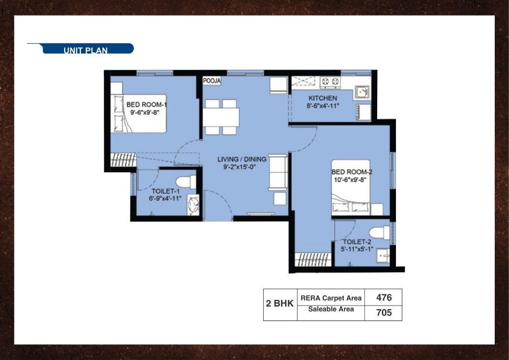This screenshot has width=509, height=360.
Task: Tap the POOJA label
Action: point(212,81)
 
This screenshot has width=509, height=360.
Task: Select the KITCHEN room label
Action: point(322,98)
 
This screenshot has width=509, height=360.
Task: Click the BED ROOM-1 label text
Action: point(147,105)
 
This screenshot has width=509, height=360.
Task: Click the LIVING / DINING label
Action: point(242,159)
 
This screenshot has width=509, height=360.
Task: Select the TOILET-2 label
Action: point(357,242)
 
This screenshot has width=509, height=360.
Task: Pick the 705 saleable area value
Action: point(383,313)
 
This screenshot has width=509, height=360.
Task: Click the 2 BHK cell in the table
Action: point(279,304)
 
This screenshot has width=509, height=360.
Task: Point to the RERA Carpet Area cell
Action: point(331,298)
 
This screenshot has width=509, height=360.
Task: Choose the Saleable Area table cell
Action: point(331,309)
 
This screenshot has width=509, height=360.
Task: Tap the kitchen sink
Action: point(362,92)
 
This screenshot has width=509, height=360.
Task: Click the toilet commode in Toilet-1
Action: point(185,182)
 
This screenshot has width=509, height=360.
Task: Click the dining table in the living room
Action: point(221,117)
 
